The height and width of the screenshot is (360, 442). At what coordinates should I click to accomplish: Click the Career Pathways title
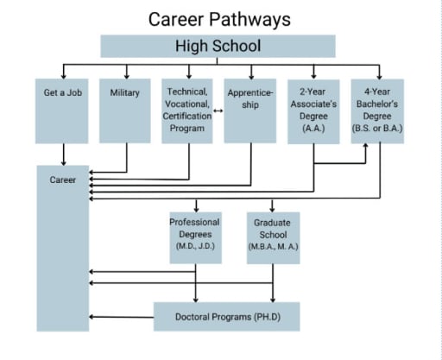click(x=218, y=18)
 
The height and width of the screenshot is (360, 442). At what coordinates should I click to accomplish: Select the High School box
click(x=218, y=46)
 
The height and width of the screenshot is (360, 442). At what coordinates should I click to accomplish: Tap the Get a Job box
click(x=63, y=111)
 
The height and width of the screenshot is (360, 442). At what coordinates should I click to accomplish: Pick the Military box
click(x=126, y=111)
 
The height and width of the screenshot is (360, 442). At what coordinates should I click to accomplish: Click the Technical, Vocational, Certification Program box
click(x=187, y=111)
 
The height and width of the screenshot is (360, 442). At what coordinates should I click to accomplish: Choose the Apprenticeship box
click(x=250, y=111)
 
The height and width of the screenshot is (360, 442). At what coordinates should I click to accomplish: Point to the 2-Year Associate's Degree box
click(x=313, y=111)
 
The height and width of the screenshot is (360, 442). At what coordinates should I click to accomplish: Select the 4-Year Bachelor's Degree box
click(x=377, y=111)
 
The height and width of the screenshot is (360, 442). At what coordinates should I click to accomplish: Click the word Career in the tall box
click(x=63, y=180)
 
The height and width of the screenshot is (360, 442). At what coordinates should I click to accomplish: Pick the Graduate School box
click(x=273, y=235)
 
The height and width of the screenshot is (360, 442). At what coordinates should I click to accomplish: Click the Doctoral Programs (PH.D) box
click(x=227, y=317)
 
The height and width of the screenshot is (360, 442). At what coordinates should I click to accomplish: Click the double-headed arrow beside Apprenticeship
click(x=218, y=110)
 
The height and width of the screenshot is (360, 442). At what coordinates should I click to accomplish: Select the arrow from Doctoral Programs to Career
click(x=121, y=317)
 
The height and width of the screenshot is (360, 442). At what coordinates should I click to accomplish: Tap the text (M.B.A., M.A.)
click(x=273, y=247)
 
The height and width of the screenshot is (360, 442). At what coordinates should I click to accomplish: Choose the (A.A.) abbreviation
click(x=313, y=129)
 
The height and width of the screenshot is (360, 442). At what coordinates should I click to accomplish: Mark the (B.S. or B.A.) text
click(x=377, y=129)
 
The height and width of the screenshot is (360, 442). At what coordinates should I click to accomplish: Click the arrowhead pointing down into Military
click(x=126, y=74)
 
